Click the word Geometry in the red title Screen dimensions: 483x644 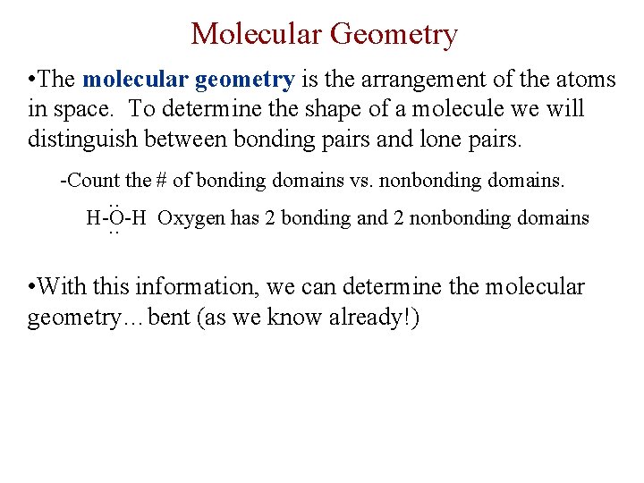point(394,34)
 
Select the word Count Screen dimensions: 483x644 point(94,181)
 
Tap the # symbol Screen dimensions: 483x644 point(162,181)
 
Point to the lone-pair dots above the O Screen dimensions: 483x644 point(114,205)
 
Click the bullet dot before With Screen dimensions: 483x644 point(33,288)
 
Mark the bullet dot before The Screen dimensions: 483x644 point(33,80)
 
